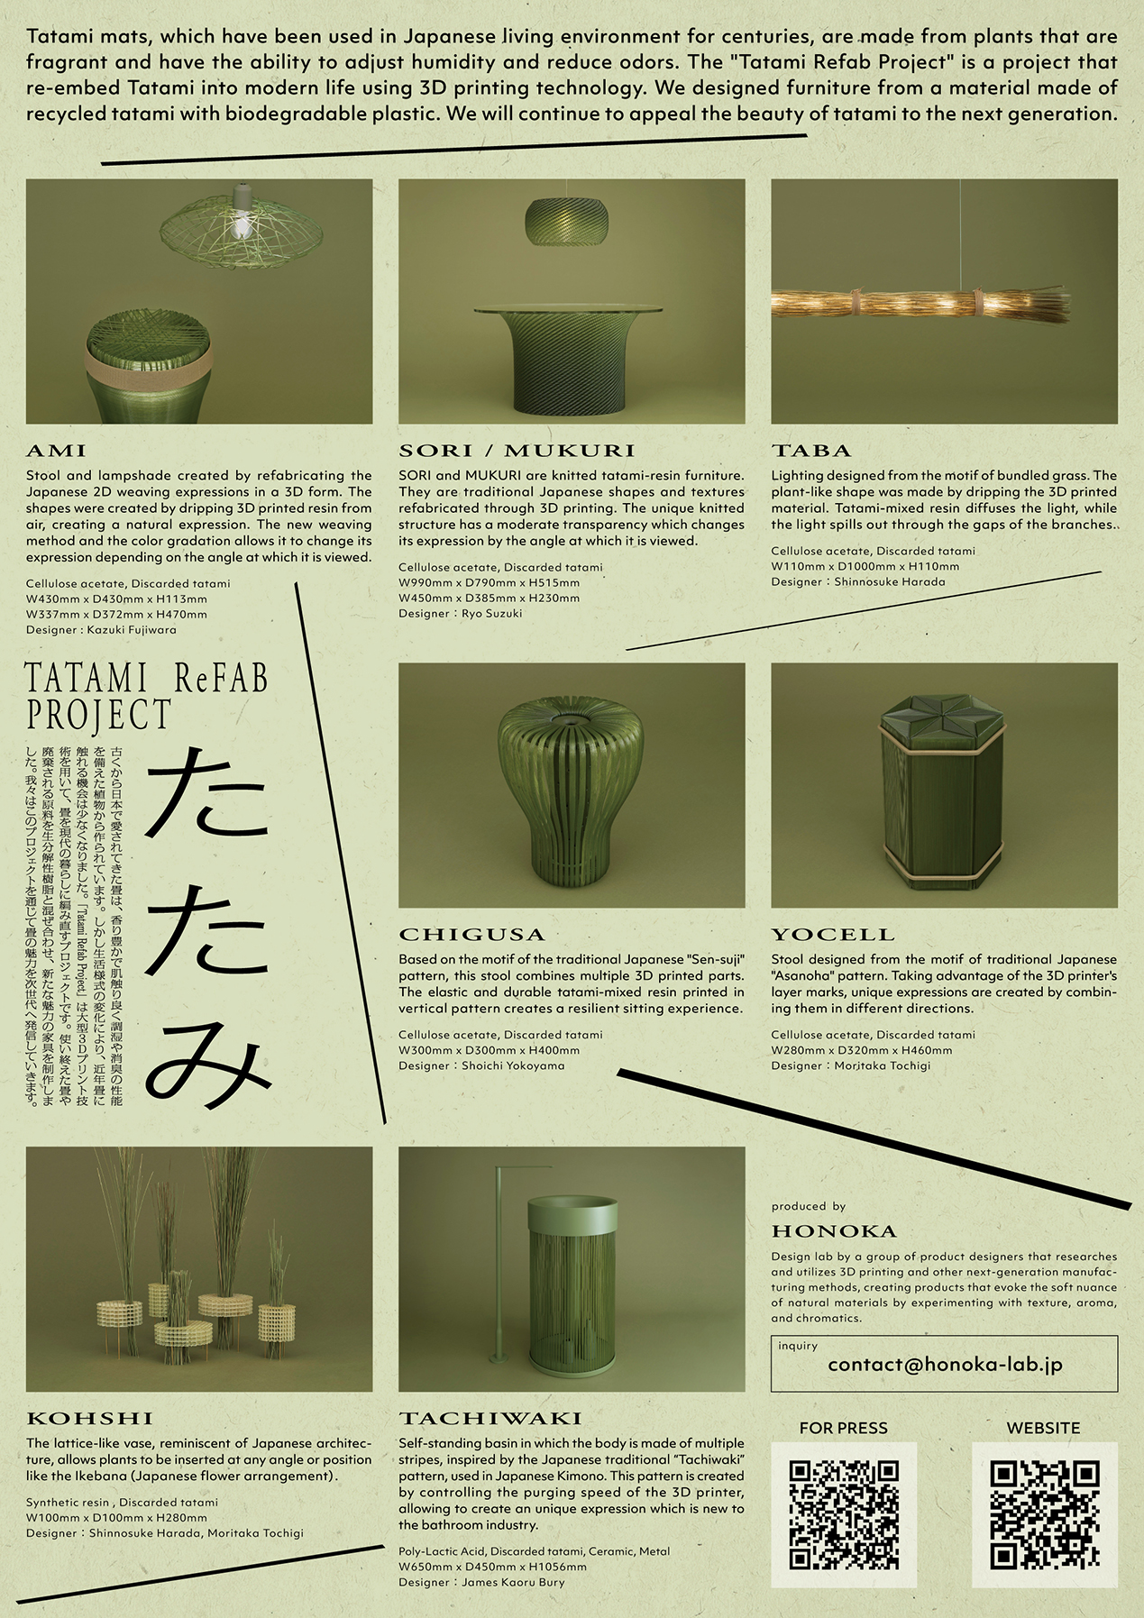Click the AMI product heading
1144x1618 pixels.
click(x=56, y=451)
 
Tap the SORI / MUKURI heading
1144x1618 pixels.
click(x=517, y=451)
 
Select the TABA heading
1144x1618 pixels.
click(x=810, y=451)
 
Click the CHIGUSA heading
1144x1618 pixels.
click(x=471, y=935)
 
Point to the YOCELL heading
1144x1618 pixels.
click(x=832, y=935)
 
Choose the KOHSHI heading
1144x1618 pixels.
click(x=89, y=1419)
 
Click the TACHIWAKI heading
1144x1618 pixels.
click(x=490, y=1419)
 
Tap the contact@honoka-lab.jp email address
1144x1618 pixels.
click(x=944, y=1365)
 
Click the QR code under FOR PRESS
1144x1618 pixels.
click(x=844, y=1515)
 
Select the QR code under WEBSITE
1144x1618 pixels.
click(x=1044, y=1515)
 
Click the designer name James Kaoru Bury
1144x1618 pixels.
click(x=513, y=1582)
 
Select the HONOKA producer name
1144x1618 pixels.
click(x=834, y=1231)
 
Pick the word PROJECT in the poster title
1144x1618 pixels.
click(x=98, y=715)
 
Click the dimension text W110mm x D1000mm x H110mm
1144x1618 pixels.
click(x=865, y=566)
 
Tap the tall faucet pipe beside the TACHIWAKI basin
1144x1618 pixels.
click(x=499, y=1262)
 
